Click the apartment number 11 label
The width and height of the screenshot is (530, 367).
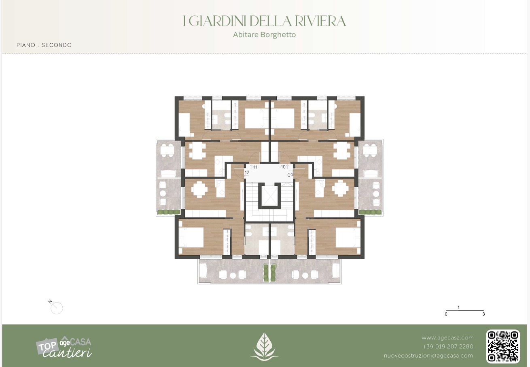[255, 167]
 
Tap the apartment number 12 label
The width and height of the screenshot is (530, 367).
[247, 173]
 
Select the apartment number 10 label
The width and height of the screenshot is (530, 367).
[283, 167]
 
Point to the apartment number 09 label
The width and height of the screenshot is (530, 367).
[290, 175]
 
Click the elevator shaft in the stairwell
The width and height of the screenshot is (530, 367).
[269, 196]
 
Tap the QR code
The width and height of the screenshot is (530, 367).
[503, 346]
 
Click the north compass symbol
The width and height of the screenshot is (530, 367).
[56, 307]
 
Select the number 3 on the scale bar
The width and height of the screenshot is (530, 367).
[483, 314]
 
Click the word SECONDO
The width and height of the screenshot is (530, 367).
[57, 45]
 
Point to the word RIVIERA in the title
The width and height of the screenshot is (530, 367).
[320, 21]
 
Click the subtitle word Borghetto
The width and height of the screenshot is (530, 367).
[278, 35]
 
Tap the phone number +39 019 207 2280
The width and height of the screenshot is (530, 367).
[448, 346]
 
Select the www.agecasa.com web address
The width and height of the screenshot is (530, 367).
[447, 338]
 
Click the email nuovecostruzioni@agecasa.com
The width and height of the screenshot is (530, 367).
[428, 356]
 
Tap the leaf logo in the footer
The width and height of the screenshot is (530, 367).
[265, 347]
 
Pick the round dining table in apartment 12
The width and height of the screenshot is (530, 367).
[199, 189]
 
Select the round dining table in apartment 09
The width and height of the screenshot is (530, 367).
[340, 189]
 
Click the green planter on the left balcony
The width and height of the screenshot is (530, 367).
[169, 212]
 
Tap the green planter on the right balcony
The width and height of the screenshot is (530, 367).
[370, 212]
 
